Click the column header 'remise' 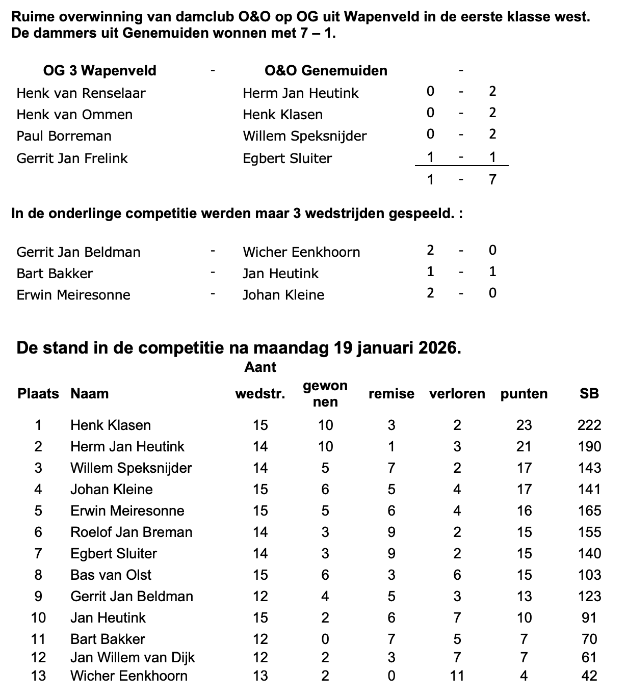[x=391, y=394]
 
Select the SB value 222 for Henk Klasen [x=589, y=425]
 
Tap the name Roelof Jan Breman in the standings [x=132, y=532]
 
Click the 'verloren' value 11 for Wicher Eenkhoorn [x=457, y=676]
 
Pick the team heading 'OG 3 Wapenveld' [x=99, y=71]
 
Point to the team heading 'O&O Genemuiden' [x=326, y=71]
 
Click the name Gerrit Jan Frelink [x=72, y=158]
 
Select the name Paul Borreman [x=64, y=136]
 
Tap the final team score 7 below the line [x=492, y=179]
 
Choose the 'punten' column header [x=524, y=394]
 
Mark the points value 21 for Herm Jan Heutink [x=524, y=447]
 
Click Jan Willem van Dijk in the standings [x=133, y=658]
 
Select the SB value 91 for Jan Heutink [x=589, y=618]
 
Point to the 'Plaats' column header [x=38, y=394]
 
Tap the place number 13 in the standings [x=38, y=676]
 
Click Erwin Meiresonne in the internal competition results [x=73, y=295]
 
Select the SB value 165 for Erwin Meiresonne [x=589, y=511]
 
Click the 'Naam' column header [x=90, y=394]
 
